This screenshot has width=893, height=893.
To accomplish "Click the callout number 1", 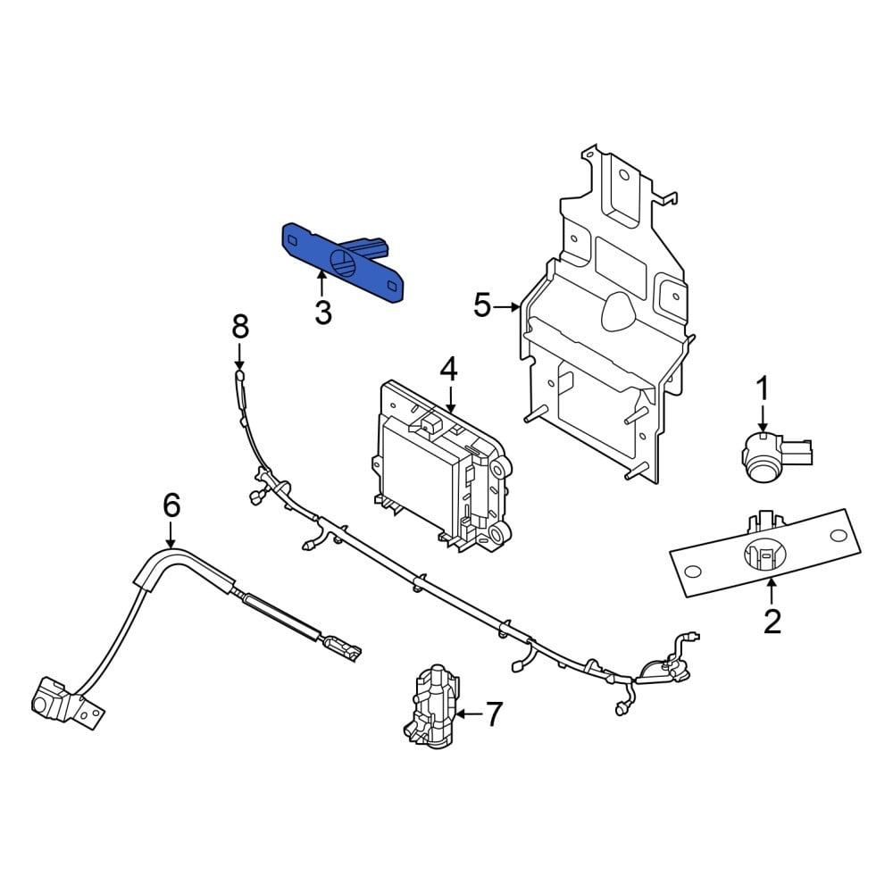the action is [762, 388].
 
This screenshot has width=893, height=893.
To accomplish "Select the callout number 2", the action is [772, 622].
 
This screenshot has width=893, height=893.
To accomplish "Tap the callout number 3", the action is [323, 312].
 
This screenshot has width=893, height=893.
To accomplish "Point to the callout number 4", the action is [449, 369].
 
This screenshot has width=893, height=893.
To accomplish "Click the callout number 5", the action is [482, 305].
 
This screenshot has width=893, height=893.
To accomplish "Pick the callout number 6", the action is [171, 505].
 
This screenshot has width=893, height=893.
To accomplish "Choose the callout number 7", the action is [494, 714].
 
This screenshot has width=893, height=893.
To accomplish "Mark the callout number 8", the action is [240, 328].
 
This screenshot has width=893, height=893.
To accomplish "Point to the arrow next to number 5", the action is [506, 307].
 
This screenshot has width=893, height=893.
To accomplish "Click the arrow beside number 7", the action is [469, 714].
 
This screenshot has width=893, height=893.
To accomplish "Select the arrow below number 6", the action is [171, 535].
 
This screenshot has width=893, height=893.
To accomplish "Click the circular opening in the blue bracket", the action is [345, 263].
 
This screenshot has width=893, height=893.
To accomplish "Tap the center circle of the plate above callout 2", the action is [765, 554].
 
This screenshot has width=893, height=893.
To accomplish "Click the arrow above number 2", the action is [772, 590].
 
